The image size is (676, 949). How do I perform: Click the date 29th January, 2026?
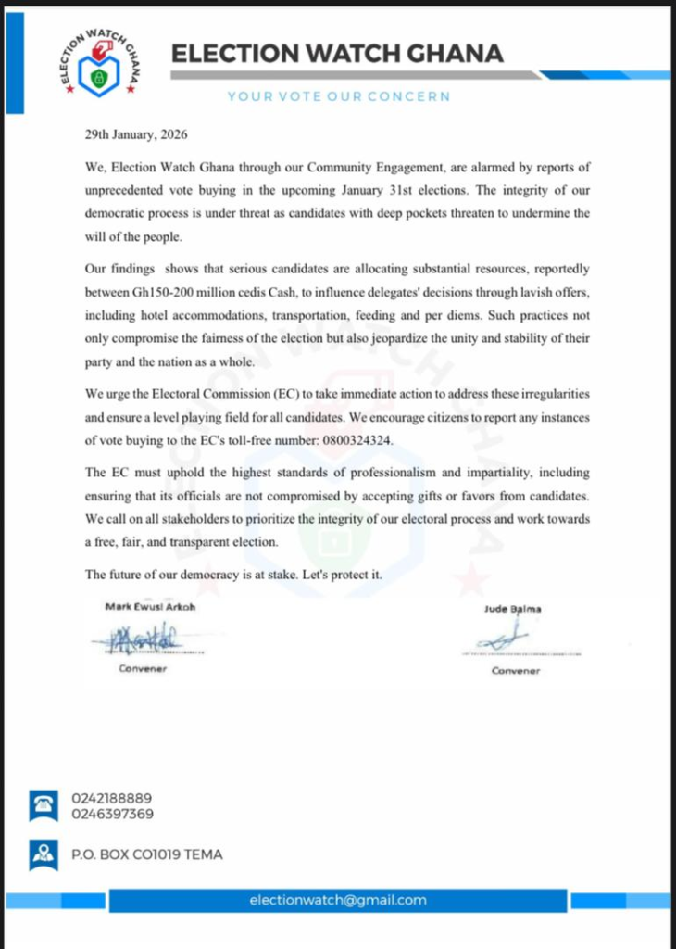coord(135,134)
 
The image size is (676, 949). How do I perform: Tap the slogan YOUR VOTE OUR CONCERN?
coord(339,95)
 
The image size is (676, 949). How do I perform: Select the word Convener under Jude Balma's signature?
coord(516,670)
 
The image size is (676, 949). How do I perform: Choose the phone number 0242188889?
coord(112,798)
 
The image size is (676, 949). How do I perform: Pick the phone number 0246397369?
coord(112,814)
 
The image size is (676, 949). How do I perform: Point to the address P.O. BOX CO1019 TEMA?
coord(146,854)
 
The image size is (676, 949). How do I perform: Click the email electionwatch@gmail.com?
coord(337,900)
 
